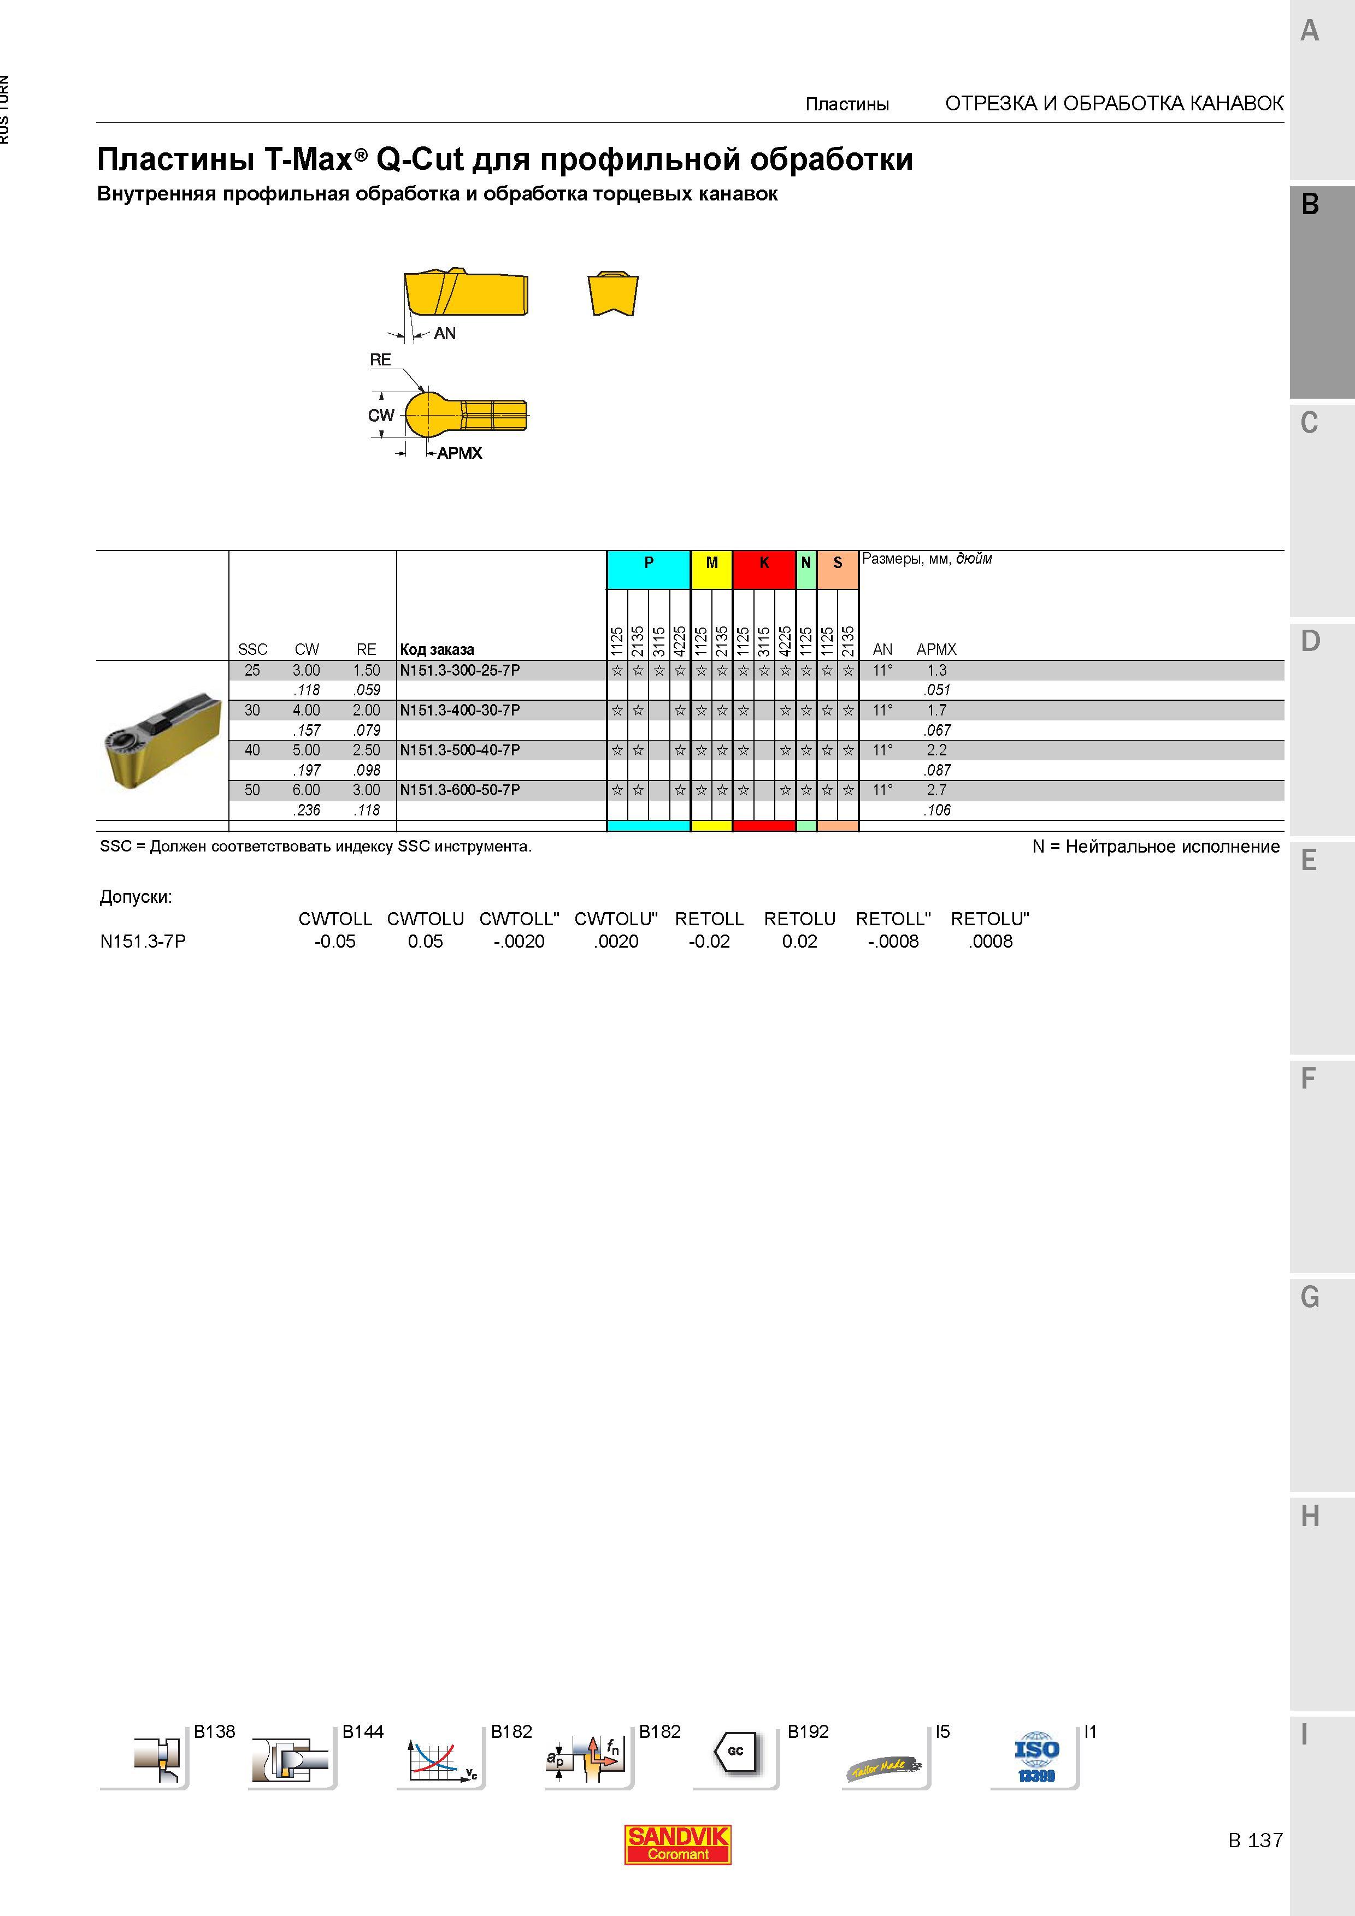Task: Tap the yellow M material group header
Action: pyautogui.click(x=711, y=563)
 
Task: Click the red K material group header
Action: pyautogui.click(x=764, y=563)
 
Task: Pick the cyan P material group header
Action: pyautogui.click(x=649, y=563)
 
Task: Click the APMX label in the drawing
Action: pyautogui.click(x=459, y=453)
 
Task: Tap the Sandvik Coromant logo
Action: pyautogui.click(x=678, y=1844)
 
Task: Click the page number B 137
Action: pyautogui.click(x=1255, y=1840)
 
